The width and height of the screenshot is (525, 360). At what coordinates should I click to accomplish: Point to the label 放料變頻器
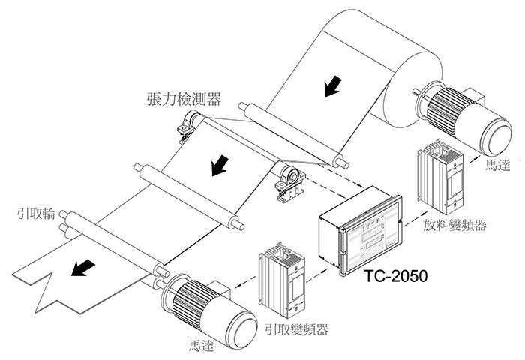454,226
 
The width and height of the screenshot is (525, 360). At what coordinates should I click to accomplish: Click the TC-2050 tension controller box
359,229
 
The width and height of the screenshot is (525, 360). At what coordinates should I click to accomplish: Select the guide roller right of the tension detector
292,134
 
